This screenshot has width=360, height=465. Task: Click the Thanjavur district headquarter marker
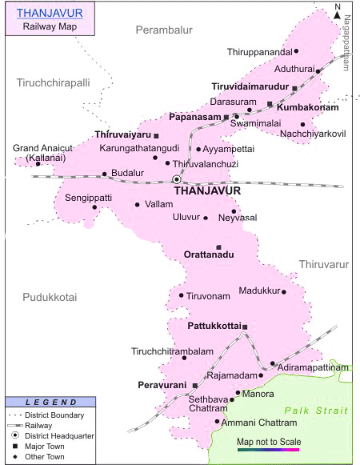(177, 179)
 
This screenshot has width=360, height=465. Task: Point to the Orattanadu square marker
(218, 247)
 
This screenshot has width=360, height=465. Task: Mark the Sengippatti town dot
(94, 207)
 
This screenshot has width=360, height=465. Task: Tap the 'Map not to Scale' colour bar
(267, 451)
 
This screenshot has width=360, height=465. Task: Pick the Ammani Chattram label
(256, 422)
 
